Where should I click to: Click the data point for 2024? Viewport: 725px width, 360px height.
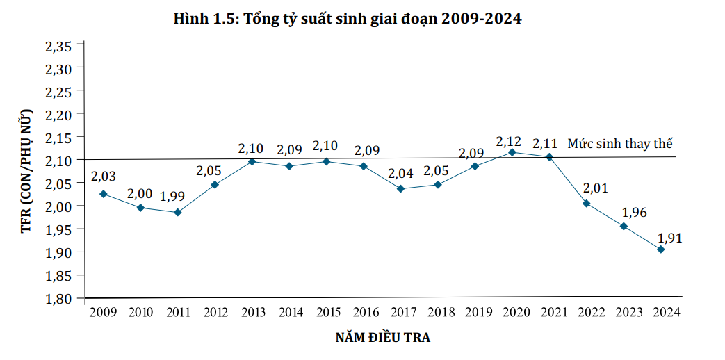[x=660, y=249]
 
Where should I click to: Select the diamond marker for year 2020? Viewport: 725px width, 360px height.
[x=512, y=152]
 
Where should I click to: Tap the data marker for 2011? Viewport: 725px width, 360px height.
[x=177, y=213]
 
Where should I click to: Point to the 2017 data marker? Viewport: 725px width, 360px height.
[x=400, y=189]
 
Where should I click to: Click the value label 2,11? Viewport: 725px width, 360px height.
[x=546, y=143]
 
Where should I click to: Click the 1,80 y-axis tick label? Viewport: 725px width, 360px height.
[x=59, y=298]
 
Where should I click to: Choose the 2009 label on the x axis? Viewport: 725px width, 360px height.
[x=103, y=313]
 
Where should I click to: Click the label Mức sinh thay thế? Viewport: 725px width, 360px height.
[x=621, y=145]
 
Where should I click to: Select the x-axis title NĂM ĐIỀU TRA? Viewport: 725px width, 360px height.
[x=382, y=338]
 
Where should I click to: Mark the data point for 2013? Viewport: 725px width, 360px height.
[x=252, y=161]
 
